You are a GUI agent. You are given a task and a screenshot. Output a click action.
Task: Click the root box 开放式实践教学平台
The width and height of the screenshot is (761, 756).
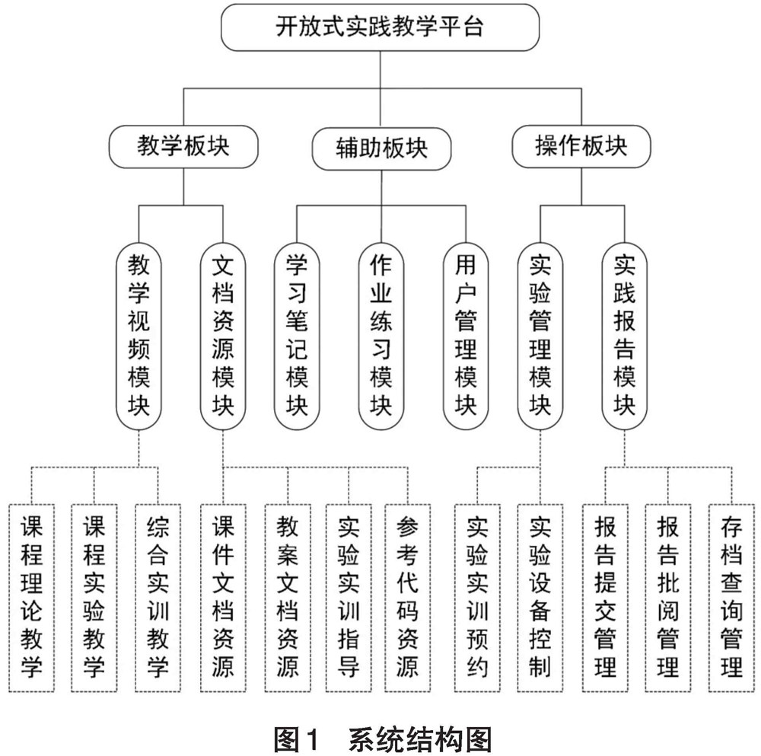pos(380,28)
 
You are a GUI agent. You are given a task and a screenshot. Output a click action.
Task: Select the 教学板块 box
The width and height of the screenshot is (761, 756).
pos(183,147)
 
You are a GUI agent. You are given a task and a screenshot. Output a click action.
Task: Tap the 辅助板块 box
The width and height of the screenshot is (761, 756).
pos(380,147)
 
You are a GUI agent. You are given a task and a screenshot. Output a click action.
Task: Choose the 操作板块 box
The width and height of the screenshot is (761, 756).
pos(581,147)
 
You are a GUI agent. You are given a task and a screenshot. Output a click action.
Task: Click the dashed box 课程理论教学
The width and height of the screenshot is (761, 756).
pos(31,597)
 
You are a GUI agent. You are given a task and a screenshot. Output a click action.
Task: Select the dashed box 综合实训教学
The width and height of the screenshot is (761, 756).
pos(158,597)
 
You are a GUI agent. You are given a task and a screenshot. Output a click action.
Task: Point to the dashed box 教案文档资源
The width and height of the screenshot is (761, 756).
pos(288,597)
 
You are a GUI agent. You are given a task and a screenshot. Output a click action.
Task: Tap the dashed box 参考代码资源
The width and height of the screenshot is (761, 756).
pos(408,597)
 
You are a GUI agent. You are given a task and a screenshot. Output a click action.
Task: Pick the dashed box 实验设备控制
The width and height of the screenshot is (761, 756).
pos(540,597)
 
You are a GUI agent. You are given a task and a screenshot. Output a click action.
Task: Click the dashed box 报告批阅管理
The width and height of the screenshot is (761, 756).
pos(667,597)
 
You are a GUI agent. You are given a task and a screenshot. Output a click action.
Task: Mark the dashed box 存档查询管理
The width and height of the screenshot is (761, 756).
pos(731,597)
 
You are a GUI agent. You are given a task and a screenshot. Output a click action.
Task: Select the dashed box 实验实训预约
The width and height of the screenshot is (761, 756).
pos(477,597)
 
